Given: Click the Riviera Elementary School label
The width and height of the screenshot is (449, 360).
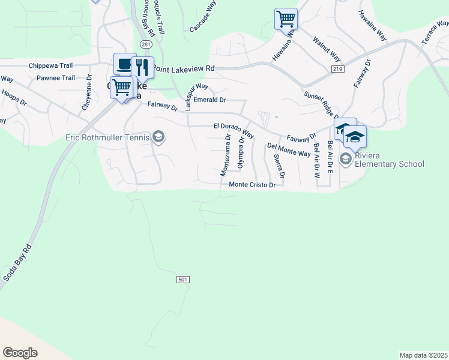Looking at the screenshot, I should tap(390, 160).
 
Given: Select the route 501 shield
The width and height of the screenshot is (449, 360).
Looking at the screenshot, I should tap(184, 280).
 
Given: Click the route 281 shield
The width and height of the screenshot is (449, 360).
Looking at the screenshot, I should tap(146, 44).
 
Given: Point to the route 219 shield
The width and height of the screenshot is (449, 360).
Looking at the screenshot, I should tap(338, 70).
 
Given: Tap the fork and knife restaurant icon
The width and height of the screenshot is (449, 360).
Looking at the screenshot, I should tap(142, 67).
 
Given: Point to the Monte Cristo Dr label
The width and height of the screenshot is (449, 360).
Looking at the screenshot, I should tap(252, 185).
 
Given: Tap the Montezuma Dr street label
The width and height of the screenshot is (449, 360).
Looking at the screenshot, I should tap(224, 155).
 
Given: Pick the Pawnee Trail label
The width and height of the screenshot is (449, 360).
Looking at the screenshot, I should tap(56, 78).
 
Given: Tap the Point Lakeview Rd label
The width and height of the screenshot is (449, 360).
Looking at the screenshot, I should tap(184, 69).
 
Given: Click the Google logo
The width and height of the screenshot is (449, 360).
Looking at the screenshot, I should tap(20, 353).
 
